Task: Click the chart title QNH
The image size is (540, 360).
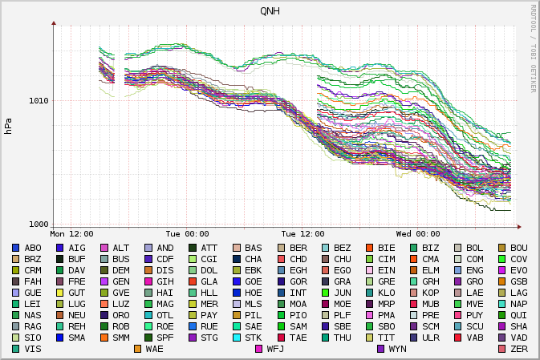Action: tap(270, 10)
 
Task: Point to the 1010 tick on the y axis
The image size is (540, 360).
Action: tap(39, 101)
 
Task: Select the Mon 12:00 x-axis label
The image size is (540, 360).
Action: tap(71, 234)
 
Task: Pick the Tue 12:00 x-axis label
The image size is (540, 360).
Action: tap(302, 234)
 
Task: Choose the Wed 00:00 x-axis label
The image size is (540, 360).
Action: tap(418, 234)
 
